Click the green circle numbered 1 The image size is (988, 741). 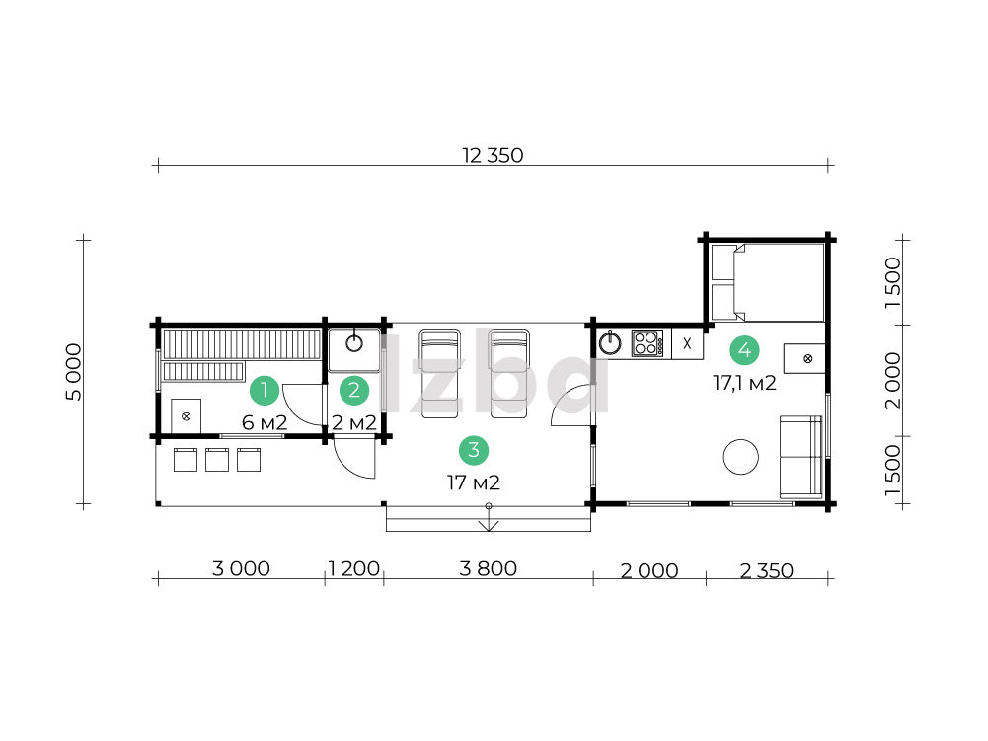click(x=265, y=390)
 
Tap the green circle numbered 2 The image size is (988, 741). click(x=354, y=390)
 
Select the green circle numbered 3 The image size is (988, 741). click(x=474, y=450)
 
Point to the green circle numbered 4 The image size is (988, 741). click(x=745, y=349)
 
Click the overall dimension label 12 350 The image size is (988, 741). click(x=493, y=155)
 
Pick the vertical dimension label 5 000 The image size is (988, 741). click(x=74, y=372)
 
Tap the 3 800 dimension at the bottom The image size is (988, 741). click(x=489, y=568)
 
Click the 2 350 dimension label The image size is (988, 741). click(x=766, y=570)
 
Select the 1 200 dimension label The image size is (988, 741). click(x=353, y=568)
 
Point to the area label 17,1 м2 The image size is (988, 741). click(x=745, y=383)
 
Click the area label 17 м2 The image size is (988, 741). click(x=474, y=482)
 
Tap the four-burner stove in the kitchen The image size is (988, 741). click(x=647, y=343)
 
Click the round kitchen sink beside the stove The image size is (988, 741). click(x=610, y=343)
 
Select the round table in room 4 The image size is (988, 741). click(x=741, y=456)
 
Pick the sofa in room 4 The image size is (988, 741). click(x=800, y=457)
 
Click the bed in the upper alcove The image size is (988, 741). click(x=768, y=283)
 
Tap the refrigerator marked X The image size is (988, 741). click(x=687, y=344)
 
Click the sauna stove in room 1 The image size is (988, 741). click(x=186, y=416)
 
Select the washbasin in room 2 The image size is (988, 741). click(x=354, y=349)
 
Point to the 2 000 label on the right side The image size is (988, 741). click(x=893, y=381)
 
